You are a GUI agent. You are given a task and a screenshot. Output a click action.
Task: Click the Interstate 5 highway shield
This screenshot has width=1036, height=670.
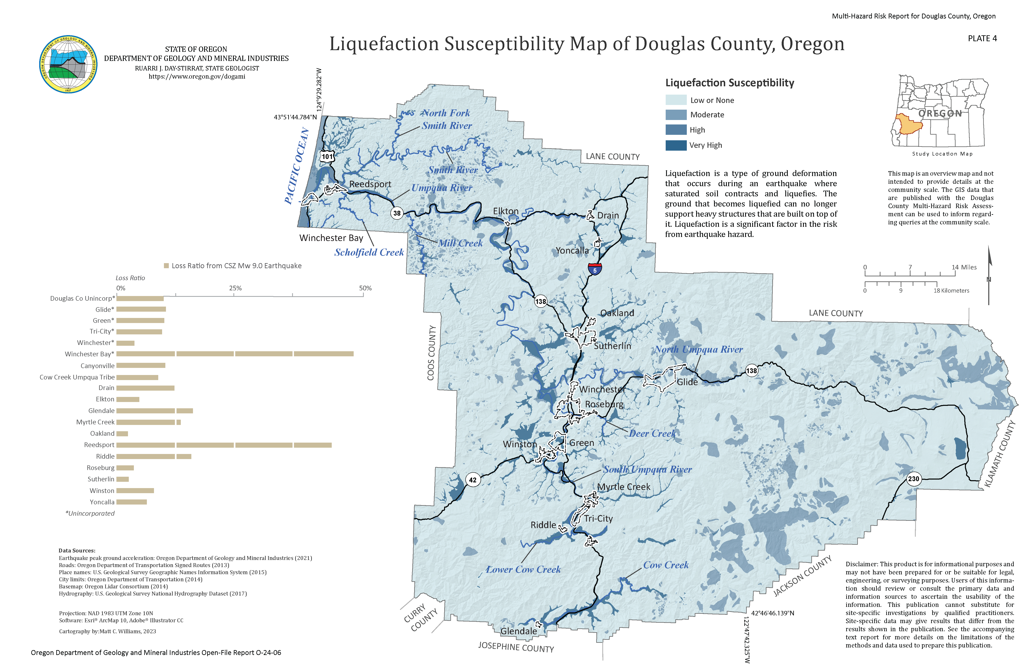pos(595,269)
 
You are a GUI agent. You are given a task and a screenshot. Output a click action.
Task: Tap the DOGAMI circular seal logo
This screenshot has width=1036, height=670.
pos(68,64)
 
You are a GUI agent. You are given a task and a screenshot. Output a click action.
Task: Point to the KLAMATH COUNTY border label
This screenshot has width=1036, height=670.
pos(1000,454)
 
